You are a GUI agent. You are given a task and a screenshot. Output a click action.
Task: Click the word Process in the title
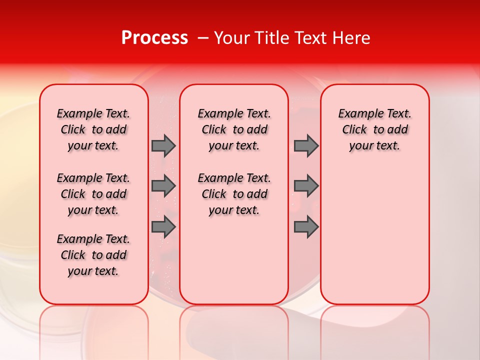click(x=154, y=38)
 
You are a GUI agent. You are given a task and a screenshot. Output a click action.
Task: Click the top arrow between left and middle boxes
click(x=163, y=145)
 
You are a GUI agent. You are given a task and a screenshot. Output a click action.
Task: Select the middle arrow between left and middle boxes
click(x=163, y=186)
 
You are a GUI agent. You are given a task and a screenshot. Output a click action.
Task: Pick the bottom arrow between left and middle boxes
click(x=163, y=226)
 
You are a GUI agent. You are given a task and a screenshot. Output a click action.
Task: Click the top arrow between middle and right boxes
click(x=306, y=145)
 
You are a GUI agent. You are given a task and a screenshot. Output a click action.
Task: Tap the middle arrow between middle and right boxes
click(x=306, y=186)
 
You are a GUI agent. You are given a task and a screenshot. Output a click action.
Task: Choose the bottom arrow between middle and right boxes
click(x=306, y=226)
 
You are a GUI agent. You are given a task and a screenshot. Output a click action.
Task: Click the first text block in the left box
click(x=93, y=129)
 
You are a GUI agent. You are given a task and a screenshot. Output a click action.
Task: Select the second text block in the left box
click(x=93, y=194)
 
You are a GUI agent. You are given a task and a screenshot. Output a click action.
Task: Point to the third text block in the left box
click(x=93, y=255)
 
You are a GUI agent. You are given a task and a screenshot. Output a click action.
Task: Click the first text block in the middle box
click(x=234, y=129)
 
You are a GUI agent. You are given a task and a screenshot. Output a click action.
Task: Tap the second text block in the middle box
click(x=234, y=194)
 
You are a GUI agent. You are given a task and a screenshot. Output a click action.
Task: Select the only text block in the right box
click(x=375, y=129)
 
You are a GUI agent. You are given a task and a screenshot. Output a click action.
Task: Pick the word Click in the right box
click(x=354, y=130)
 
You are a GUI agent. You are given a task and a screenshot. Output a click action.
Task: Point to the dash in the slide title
click(x=203, y=38)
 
